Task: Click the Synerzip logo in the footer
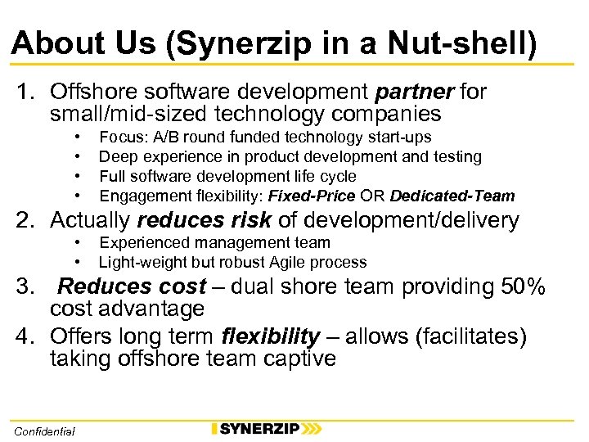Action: pos(265,428)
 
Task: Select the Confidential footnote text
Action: pos(45,431)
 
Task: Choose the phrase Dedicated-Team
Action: pos(452,196)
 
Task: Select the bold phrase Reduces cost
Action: pos(132,287)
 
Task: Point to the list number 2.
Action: pos(22,220)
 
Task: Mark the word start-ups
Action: pos(401,137)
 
